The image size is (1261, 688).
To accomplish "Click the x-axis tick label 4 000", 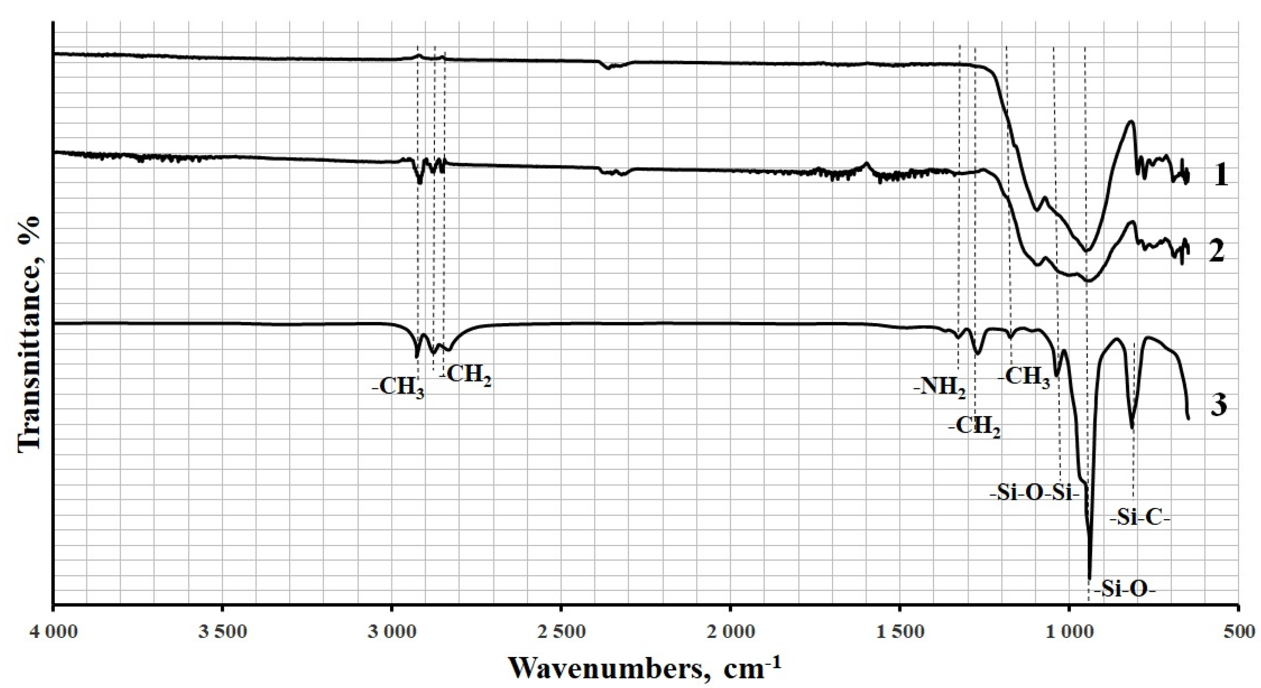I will tap(53, 633).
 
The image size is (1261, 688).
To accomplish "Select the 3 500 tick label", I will tap(222, 633).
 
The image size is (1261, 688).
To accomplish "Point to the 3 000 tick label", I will tap(392, 633).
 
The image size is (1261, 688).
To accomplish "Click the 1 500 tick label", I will tap(899, 633).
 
